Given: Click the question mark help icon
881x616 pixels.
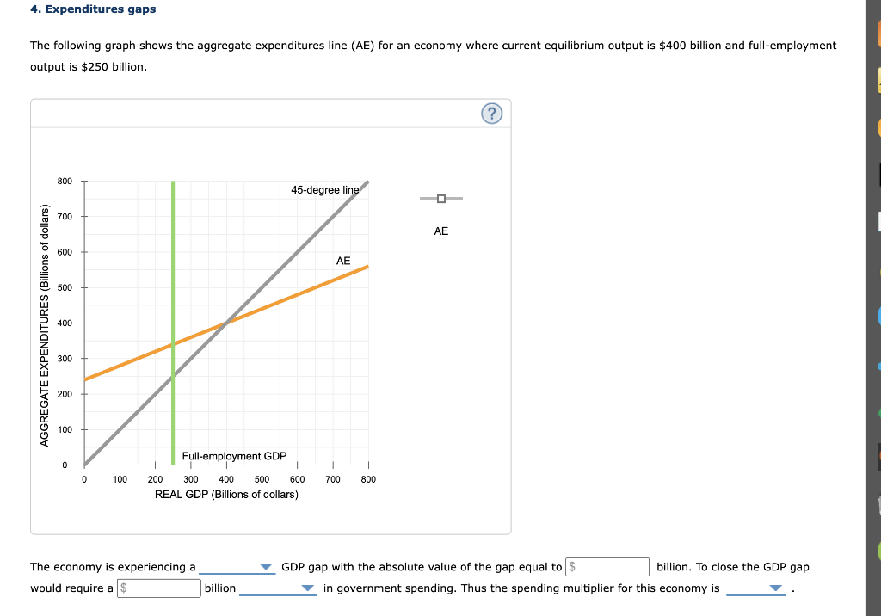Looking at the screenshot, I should [x=491, y=114].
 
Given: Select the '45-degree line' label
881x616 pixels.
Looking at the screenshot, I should [x=324, y=189].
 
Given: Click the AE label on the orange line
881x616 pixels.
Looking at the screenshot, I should [x=343, y=260].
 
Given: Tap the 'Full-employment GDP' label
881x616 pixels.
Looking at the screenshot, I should [x=234, y=456].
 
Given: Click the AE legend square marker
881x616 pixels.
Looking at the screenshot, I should [x=441, y=199].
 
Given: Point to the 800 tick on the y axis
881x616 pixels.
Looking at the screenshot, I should [x=65, y=181].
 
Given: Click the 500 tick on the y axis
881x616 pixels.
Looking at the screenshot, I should [x=65, y=287].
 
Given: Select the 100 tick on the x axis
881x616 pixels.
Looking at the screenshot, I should [x=120, y=479].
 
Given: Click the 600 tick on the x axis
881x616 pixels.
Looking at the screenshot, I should [x=298, y=479].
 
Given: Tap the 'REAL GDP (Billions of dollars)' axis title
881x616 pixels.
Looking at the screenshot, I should [x=226, y=494].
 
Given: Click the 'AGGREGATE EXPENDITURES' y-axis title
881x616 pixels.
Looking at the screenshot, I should [x=45, y=324].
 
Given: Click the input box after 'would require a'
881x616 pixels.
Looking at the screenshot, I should [x=159, y=588].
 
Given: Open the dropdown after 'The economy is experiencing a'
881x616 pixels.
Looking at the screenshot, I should [x=266, y=568].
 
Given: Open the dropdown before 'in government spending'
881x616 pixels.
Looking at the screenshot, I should [x=308, y=589].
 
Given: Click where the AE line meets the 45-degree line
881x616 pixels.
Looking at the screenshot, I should [x=226, y=323].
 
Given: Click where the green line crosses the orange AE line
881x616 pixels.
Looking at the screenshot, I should [x=173, y=344].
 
